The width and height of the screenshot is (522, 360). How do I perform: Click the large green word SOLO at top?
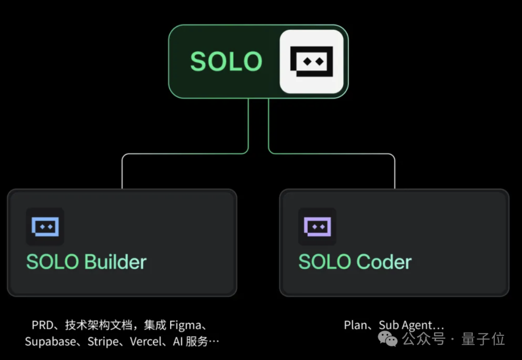click(226, 61)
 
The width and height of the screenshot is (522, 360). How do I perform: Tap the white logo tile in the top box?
click(312, 61)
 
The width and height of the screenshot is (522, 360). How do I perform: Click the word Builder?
click(116, 262)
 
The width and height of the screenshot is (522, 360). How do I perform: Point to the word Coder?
click(384, 262)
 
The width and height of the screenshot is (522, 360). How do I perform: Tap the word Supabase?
click(50, 342)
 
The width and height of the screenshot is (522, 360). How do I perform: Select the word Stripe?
click(102, 342)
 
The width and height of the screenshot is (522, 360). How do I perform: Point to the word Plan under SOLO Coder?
click(355, 325)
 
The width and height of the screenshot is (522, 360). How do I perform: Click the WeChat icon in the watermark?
click(388, 339)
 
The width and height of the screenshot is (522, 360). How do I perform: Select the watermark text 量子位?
click(483, 339)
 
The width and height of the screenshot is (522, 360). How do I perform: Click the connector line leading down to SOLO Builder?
click(122, 172)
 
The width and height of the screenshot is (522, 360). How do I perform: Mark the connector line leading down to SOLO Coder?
click(394, 172)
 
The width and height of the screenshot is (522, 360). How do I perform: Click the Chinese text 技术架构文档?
click(99, 325)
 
